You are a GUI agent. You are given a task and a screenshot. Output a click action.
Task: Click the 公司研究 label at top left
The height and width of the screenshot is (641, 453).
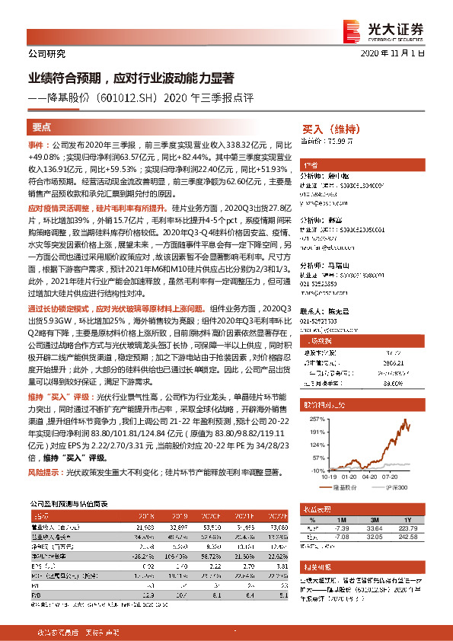(x=46, y=54)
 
